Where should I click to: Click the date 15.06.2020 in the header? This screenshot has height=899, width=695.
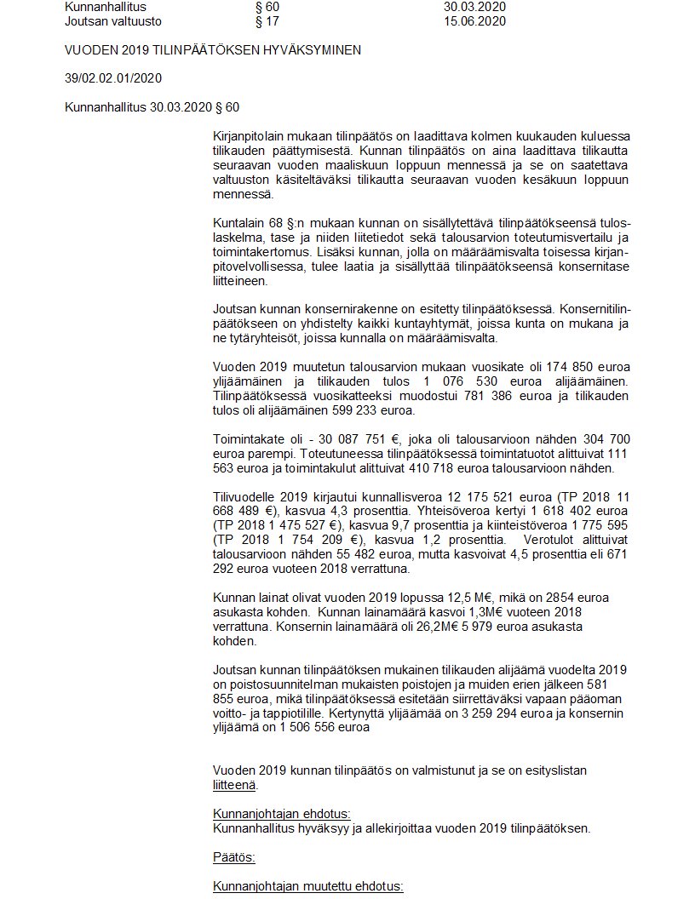(474, 21)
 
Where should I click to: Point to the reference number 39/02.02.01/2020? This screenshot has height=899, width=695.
(113, 78)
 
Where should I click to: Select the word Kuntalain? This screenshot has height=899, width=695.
(238, 223)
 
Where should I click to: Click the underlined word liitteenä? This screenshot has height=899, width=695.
(235, 785)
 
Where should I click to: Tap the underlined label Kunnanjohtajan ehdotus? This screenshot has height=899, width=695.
(281, 813)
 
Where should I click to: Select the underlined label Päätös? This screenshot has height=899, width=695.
(234, 856)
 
